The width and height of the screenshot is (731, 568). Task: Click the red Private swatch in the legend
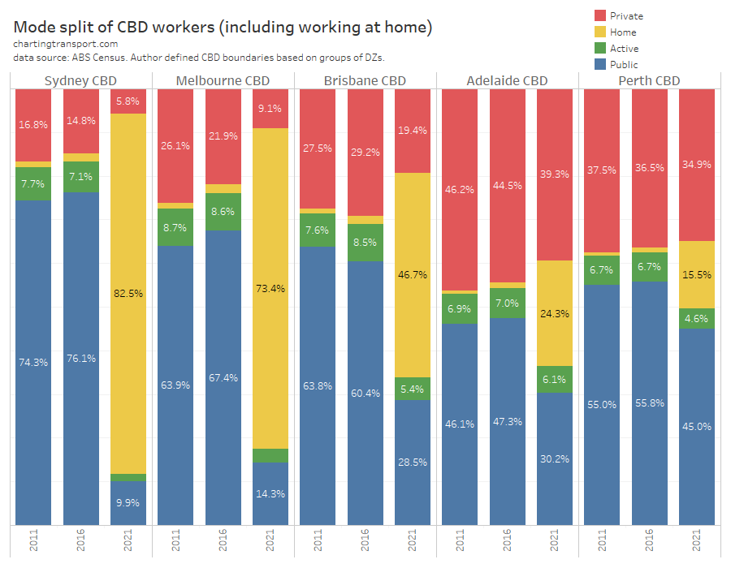(x=600, y=15)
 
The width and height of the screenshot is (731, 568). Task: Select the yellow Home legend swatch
(x=600, y=32)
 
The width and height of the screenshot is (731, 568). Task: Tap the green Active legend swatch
(x=600, y=48)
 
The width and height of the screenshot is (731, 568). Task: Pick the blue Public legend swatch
(x=600, y=64)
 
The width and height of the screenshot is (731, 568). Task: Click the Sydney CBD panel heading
(x=80, y=80)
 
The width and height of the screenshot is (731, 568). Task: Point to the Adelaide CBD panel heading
(x=507, y=80)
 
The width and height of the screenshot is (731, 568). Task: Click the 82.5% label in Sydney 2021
(x=128, y=293)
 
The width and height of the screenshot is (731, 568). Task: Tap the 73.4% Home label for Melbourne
(x=270, y=288)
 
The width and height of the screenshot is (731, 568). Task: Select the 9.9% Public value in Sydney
(x=128, y=503)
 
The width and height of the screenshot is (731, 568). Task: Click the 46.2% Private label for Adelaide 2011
(x=460, y=189)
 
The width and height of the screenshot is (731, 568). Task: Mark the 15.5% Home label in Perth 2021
(x=697, y=275)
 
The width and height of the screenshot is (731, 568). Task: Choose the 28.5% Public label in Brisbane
(x=413, y=462)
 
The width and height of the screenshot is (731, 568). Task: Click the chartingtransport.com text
(x=66, y=44)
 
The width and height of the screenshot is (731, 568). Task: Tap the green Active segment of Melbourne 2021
(x=270, y=455)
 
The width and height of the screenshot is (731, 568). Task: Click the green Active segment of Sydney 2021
(x=128, y=477)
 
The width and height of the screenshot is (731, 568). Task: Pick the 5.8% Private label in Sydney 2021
(x=128, y=101)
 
